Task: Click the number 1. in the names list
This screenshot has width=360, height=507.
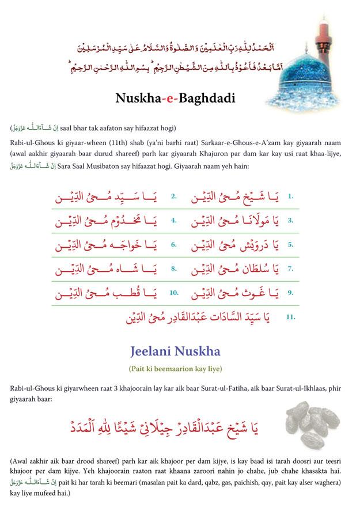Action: click(291, 196)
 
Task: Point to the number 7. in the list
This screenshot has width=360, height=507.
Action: click(291, 268)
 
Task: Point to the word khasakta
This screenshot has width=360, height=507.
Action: click(321, 472)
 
